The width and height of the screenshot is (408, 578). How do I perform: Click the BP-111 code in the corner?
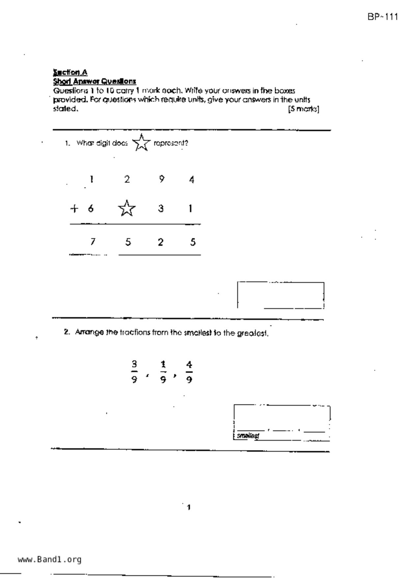coord(383,17)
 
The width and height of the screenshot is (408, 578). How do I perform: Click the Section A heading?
coord(70,72)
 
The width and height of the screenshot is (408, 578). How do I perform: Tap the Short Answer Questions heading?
coord(95,81)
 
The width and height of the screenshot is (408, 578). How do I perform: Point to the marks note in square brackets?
coord(304,109)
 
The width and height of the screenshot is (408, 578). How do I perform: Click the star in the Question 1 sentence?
coord(141,143)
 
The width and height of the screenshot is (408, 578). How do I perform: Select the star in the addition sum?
coord(127,208)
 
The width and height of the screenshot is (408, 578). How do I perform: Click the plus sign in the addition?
coord(74,209)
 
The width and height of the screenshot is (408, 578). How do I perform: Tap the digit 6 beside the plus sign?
coord(91,209)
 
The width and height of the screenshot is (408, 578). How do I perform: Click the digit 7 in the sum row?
coord(93,242)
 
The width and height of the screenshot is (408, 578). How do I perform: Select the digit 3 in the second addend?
coord(161,209)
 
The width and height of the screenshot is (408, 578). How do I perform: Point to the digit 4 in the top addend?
coord(192,180)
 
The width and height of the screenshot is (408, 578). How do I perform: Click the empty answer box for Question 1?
coord(281,295)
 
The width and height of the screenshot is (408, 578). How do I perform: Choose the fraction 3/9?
coord(134,372)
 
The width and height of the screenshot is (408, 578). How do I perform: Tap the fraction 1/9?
coord(163,372)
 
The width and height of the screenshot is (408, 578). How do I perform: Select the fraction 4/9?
coord(189,372)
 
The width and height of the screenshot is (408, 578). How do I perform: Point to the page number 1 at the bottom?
coord(189,507)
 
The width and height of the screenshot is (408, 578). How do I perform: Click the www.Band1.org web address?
coord(49,560)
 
